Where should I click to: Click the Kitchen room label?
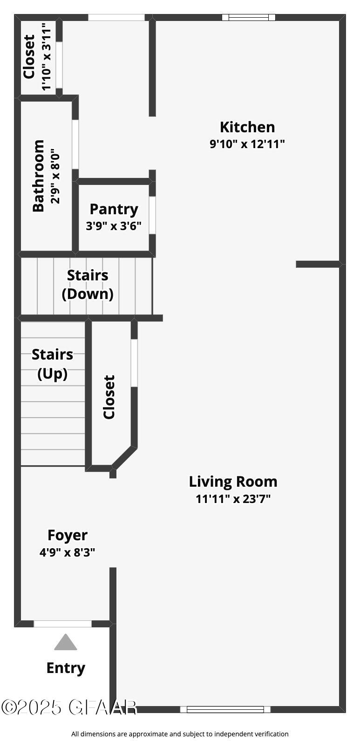coord(247,127)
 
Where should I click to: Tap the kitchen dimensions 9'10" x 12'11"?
coord(247,144)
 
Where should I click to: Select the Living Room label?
coord(233,482)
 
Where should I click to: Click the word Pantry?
coord(114,210)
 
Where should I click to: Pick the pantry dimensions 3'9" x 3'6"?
coord(114,226)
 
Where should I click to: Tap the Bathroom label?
coord(39,176)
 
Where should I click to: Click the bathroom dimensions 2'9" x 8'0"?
coord(55,176)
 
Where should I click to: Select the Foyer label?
coord(68,536)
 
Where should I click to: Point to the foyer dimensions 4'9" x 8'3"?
coord(68,553)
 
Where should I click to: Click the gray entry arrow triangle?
coord(65,643)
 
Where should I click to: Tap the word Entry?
coord(66,668)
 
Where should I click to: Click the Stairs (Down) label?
coord(88,285)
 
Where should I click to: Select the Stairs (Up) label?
coord(52,364)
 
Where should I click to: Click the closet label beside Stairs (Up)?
coord(109,397)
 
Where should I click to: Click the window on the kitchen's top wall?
coord(248,18)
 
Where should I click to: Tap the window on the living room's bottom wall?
coord(225,709)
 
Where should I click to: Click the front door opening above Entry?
coord(63,624)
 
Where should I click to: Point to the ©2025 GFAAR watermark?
coord(69,707)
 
